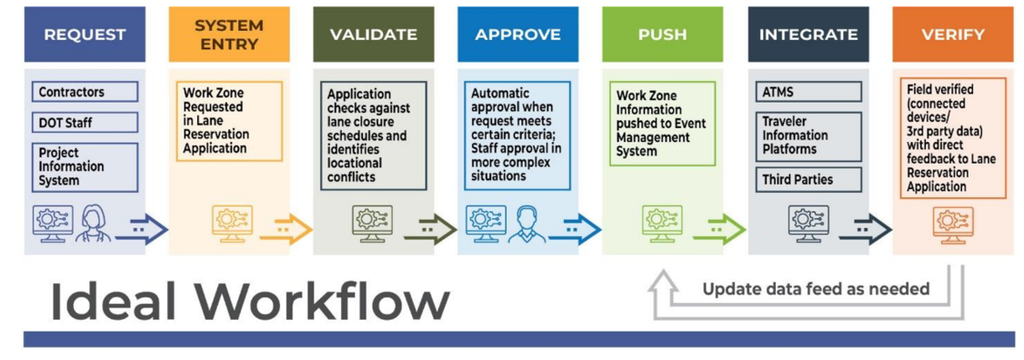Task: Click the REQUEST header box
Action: [x=85, y=35]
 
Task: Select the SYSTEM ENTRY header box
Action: [x=228, y=35]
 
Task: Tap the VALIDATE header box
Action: [x=374, y=35]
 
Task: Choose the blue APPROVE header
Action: [x=517, y=35]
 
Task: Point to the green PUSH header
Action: [x=662, y=35]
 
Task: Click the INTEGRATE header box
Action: [x=808, y=35]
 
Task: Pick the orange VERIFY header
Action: [x=953, y=35]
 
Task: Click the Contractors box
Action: [x=85, y=92]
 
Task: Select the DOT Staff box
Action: [x=85, y=122]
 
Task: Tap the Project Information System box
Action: [x=85, y=167]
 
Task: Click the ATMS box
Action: [x=808, y=92]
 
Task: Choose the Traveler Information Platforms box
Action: [x=808, y=136]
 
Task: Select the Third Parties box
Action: [x=808, y=179]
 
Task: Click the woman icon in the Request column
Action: [x=89, y=224]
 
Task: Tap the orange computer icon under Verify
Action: [x=953, y=225]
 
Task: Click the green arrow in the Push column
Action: [x=719, y=229]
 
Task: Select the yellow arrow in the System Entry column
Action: [x=286, y=229]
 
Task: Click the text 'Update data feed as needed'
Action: [x=816, y=288]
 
